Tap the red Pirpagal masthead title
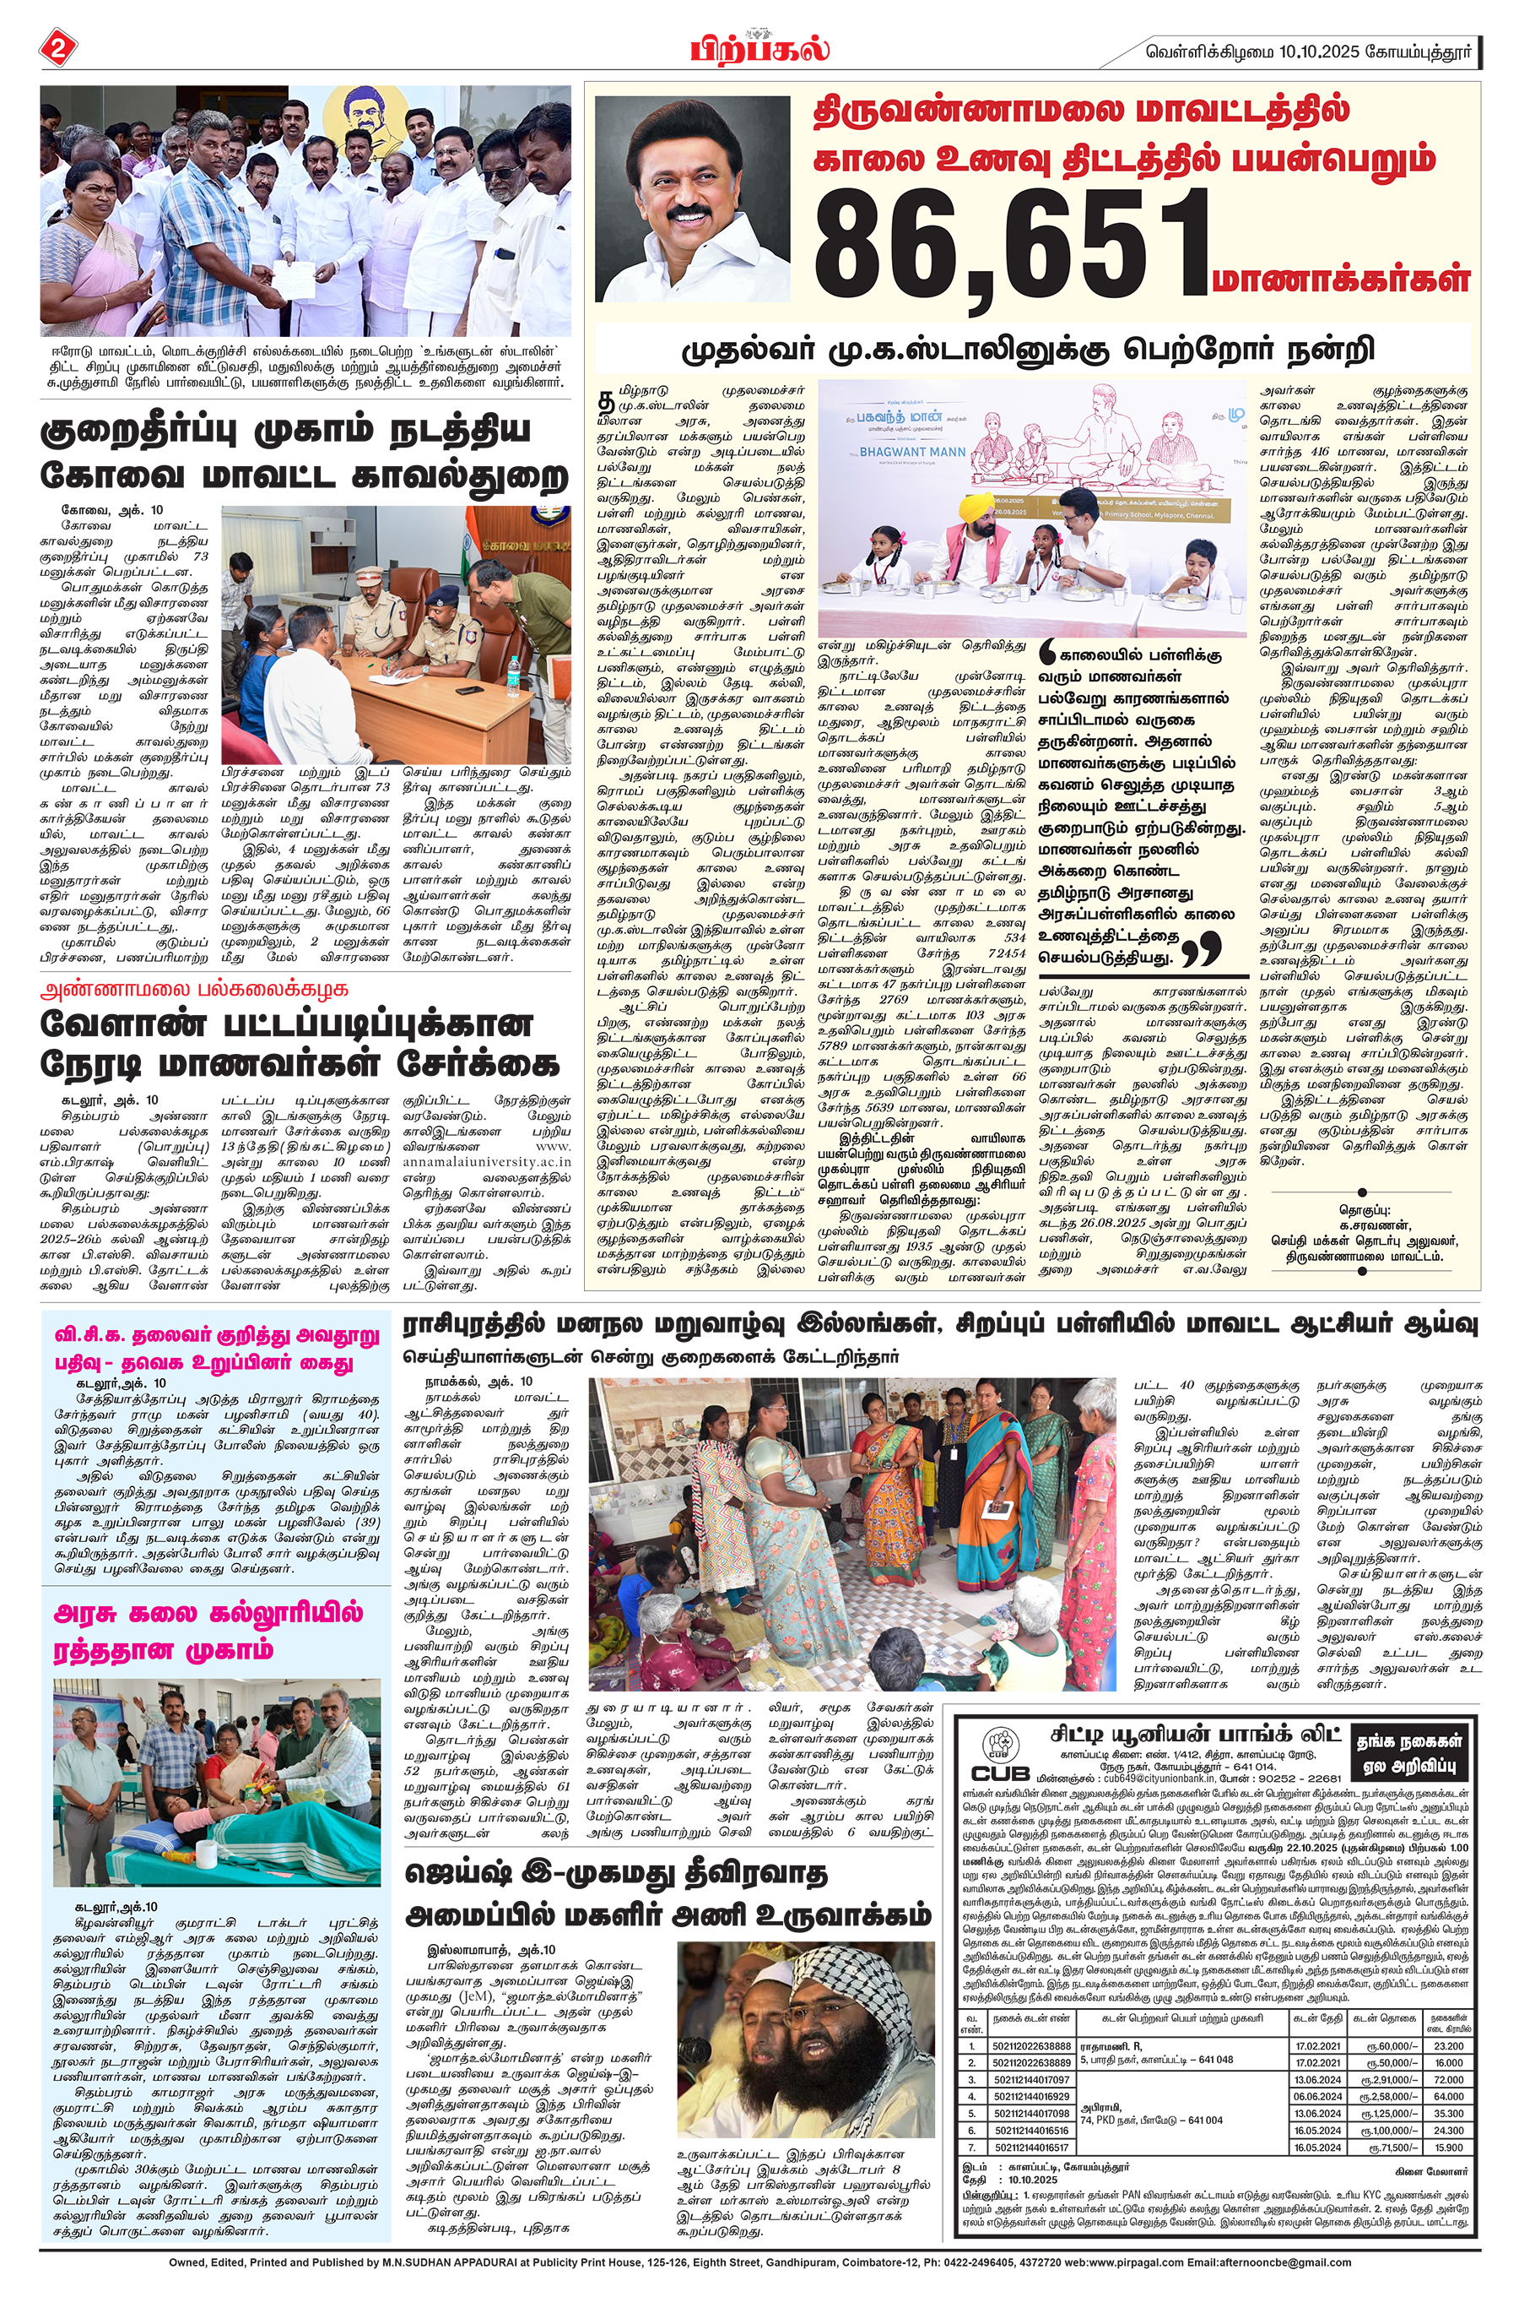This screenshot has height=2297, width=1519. pyautogui.click(x=759, y=47)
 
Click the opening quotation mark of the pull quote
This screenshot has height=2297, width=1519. pyautogui.click(x=1048, y=654)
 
